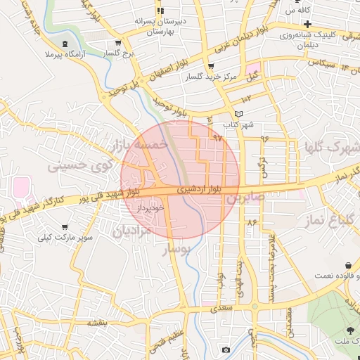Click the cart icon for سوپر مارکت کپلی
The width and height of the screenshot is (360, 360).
pyautogui.click(x=65, y=227)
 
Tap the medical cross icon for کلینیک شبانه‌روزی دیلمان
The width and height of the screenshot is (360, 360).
pyautogui.click(x=307, y=25)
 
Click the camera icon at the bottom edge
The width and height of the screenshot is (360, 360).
pyautogui.click(x=226, y=349)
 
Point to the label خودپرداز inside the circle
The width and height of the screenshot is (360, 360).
pyautogui.click(x=150, y=207)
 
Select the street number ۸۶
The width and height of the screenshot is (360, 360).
pyautogui.click(x=252, y=222)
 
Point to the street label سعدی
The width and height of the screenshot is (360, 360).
pyautogui.click(x=224, y=307)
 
